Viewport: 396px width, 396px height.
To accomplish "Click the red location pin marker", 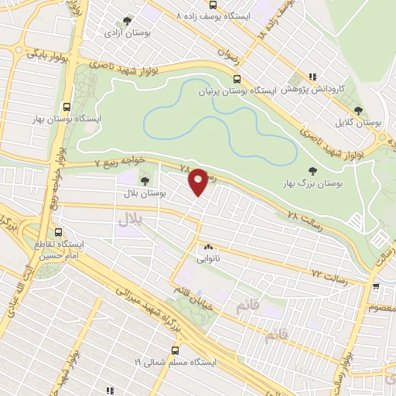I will point(198,182).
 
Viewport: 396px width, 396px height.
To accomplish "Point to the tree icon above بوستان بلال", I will point(145,181).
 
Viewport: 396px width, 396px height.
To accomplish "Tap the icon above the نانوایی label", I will point(207,248).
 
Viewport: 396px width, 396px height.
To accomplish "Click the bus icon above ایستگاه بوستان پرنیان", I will point(237,78).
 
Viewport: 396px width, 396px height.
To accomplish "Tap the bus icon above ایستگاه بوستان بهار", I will point(67,108).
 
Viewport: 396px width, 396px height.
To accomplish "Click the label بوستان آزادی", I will point(128,34).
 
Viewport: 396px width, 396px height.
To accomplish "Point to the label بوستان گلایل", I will point(360,122).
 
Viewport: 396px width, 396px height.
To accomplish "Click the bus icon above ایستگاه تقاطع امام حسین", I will point(60,232).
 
